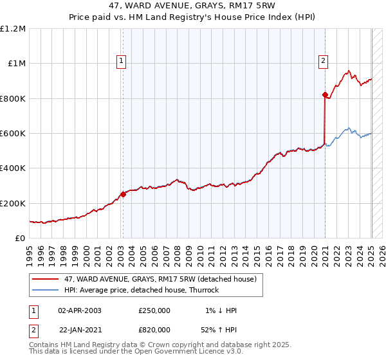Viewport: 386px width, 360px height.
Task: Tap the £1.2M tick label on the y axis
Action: pos(13,29)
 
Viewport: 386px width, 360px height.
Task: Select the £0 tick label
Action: pos(21,239)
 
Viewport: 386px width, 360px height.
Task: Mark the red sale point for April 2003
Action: pos(123,195)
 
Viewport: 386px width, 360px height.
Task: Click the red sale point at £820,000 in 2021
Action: pos(325,95)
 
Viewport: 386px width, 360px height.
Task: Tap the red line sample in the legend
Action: pos(46,279)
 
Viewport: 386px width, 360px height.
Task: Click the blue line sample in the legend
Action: pos(46,290)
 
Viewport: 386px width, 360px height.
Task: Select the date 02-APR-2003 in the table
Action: pos(80,310)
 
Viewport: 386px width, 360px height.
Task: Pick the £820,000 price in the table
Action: pos(154,329)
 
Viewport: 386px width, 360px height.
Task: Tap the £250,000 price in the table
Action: pos(154,310)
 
